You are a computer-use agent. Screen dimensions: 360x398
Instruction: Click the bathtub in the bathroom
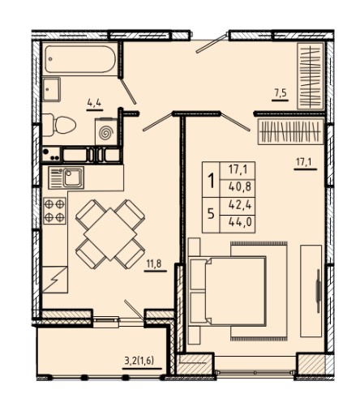pos(80,59)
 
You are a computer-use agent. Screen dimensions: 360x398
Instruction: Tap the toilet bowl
pos(59,125)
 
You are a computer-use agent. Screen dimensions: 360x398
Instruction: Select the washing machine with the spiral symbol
pos(106,132)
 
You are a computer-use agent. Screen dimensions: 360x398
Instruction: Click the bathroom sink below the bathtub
pos(51,89)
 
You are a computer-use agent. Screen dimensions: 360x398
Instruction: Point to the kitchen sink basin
pos(73,178)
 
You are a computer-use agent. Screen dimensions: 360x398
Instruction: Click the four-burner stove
pos(54,211)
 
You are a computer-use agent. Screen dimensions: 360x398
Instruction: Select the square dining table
pos(110,234)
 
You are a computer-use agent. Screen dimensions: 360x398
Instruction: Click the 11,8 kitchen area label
pos(154,263)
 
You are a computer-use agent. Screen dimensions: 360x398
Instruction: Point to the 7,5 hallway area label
pos(281,93)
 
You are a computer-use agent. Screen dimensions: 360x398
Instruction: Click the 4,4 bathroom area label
pos(94,103)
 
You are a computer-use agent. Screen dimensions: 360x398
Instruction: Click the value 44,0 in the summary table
pos(240,222)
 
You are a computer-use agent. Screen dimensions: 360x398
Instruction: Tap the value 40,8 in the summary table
pos(240,186)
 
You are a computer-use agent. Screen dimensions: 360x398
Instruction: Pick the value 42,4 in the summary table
pos(240,205)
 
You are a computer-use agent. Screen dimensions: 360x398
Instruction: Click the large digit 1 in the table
pos(212,181)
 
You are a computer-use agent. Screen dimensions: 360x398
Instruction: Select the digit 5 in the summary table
pos(211,214)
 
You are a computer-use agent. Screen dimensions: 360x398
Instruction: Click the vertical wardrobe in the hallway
pos(311,76)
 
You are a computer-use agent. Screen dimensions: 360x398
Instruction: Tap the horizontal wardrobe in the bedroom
pos(291,131)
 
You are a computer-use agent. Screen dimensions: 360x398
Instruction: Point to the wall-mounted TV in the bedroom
pos(318,291)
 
